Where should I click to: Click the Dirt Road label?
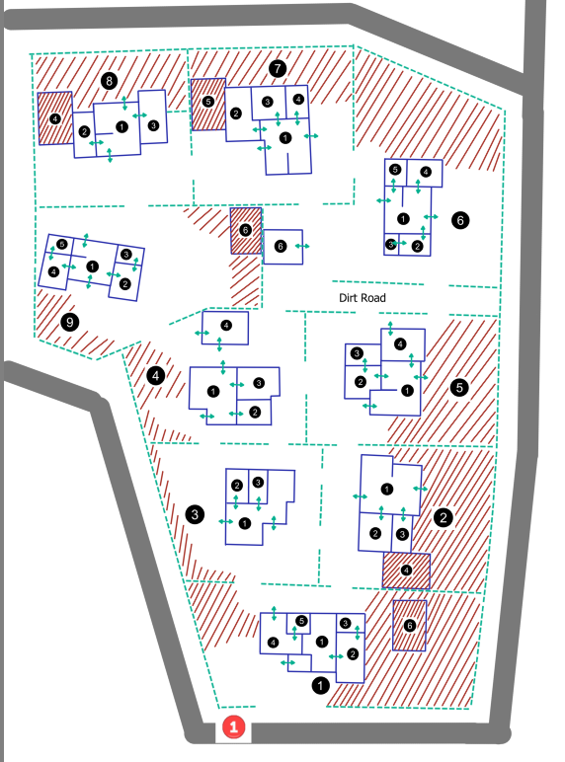[x=363, y=297]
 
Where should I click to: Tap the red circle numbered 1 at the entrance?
[x=233, y=727]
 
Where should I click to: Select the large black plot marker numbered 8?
[x=109, y=81]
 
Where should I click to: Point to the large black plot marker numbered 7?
[x=278, y=68]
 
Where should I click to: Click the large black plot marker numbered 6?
[x=460, y=220]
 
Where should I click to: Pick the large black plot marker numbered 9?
[x=69, y=322]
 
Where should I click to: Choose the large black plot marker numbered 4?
[x=156, y=375]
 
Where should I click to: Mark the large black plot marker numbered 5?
[x=459, y=387]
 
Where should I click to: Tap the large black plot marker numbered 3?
[x=195, y=514]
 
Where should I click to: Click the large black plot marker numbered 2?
[x=443, y=517]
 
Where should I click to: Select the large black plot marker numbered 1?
[x=320, y=686]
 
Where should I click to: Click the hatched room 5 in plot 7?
[x=208, y=105]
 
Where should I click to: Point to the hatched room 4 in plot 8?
[x=55, y=118]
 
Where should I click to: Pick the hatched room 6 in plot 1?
[x=409, y=626]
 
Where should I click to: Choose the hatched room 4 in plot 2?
[x=407, y=571]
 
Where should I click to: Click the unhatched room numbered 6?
[x=282, y=247]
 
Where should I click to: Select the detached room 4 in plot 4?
[x=225, y=328]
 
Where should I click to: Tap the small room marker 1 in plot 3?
[x=245, y=523]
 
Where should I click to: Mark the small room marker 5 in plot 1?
[x=301, y=621]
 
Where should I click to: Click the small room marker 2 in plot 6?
[x=417, y=246]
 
